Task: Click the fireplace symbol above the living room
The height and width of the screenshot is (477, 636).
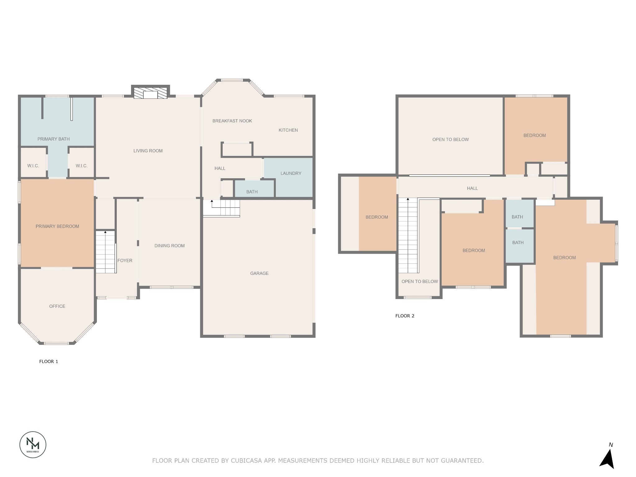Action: [150, 93]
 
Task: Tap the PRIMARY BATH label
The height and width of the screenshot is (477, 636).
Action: [53, 139]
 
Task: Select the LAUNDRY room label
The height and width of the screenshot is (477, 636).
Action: [291, 173]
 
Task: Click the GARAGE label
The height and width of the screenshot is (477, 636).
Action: [259, 273]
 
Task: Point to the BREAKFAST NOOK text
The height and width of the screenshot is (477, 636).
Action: [232, 121]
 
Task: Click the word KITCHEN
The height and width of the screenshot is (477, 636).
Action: [288, 130]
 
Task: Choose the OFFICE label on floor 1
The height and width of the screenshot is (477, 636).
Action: [57, 306]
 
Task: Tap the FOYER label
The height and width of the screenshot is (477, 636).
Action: [125, 261]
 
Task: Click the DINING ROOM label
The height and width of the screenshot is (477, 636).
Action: [169, 246]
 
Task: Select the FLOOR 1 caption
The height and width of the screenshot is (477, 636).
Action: [48, 361]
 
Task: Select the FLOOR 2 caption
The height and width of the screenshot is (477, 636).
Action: [405, 316]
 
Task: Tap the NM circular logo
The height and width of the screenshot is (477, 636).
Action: [33, 444]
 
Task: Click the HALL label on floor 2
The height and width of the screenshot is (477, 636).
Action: [472, 188]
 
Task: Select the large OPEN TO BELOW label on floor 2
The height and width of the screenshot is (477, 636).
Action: [450, 139]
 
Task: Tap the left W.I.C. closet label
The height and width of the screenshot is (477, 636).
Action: [33, 166]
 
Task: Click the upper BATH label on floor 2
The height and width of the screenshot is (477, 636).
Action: [517, 217]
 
